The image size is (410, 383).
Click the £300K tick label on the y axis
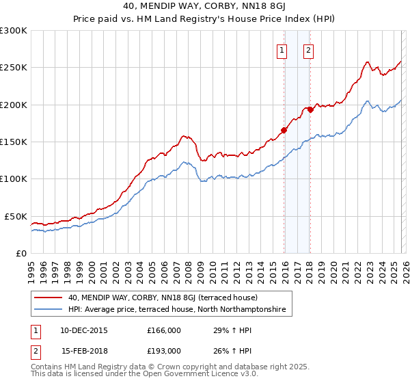[x=14, y=31]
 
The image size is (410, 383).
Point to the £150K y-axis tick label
[x=14, y=142]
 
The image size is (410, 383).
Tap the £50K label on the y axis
[x=16, y=216]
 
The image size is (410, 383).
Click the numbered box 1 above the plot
[x=282, y=50]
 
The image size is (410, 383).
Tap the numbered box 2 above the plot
[x=308, y=50]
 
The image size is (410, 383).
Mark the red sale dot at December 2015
[x=284, y=130]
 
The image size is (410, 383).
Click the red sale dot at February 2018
[x=310, y=109]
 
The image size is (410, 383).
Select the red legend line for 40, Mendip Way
[x=49, y=298]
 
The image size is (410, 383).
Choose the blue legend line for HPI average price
[x=49, y=310]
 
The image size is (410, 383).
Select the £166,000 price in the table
[x=164, y=330]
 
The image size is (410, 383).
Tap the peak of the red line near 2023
[x=368, y=62]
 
